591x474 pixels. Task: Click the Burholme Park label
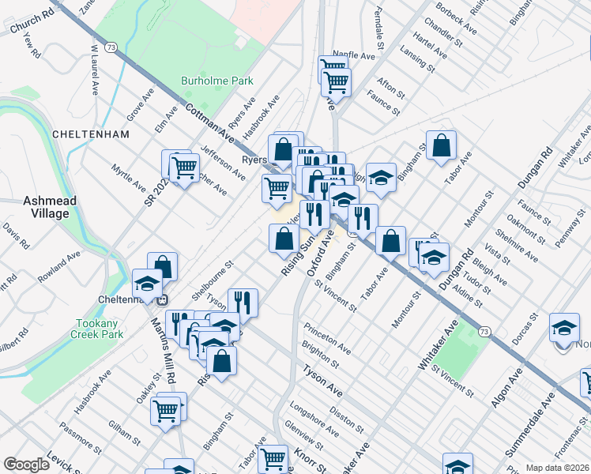coord(216,81)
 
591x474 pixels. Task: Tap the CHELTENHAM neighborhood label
coord(90,134)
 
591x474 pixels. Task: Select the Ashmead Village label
coord(50,207)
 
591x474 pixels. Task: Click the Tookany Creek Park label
coord(101,329)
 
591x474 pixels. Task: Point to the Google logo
coord(26,465)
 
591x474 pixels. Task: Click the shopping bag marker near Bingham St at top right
coord(442,145)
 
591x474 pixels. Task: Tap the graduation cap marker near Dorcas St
coord(564,329)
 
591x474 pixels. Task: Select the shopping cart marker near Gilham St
coord(166,409)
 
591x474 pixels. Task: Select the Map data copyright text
coord(558,468)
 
